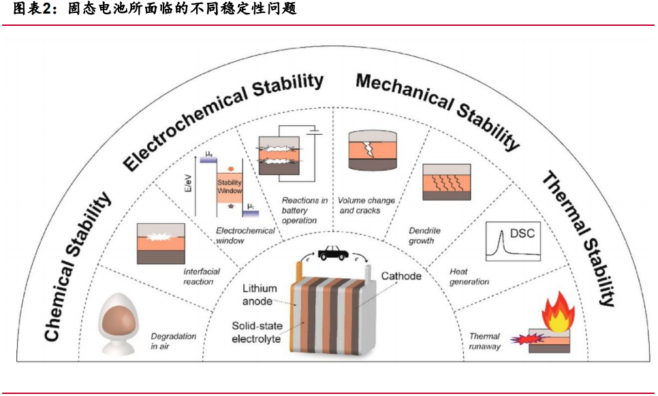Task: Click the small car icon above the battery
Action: pos(331,253)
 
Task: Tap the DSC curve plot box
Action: pos(512,242)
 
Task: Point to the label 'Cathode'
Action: pos(401,276)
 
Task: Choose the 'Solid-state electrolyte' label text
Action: pos(256,332)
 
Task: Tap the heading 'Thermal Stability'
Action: pos(579,238)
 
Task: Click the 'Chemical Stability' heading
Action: pos(78,266)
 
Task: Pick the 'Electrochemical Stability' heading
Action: pos(223,120)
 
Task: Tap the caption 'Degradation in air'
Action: pos(173,341)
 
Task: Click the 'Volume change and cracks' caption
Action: pos(366,205)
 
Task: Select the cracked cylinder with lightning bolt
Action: pos(371,150)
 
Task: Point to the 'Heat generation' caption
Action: pos(469,276)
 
